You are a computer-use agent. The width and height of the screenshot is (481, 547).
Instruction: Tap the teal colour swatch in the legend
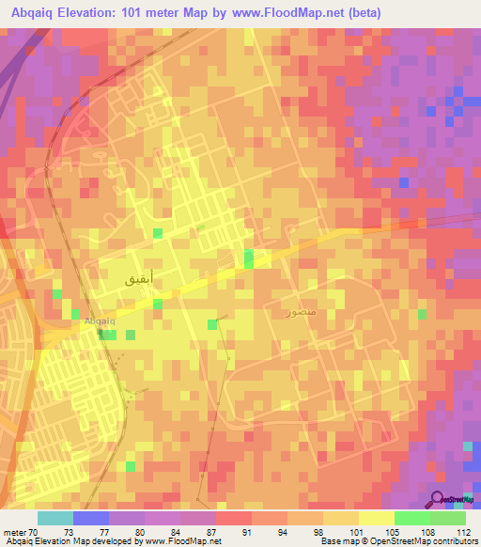[54, 518]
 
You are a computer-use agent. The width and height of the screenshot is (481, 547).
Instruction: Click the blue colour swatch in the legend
[90, 518]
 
